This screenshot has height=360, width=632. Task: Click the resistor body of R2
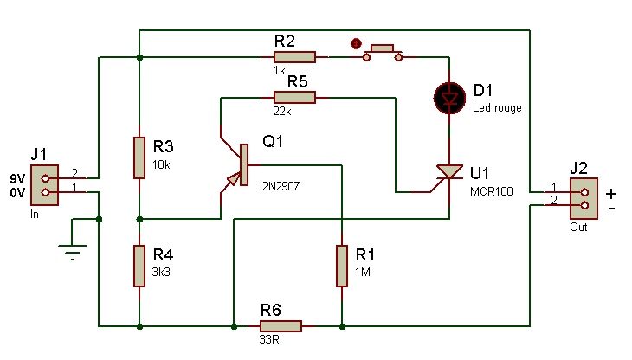click(x=294, y=57)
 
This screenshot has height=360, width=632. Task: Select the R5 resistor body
click(x=294, y=97)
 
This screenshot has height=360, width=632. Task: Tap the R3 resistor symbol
click(x=139, y=157)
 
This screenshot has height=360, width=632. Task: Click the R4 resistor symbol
click(x=139, y=266)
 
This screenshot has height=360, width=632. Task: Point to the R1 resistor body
click(x=342, y=266)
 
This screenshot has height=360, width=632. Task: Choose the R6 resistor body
click(x=281, y=325)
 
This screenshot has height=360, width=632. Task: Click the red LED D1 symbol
click(x=449, y=98)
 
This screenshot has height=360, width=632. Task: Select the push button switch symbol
click(x=383, y=53)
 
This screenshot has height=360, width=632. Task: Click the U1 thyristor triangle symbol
click(x=449, y=172)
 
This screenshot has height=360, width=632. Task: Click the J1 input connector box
click(x=45, y=185)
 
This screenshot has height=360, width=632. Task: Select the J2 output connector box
click(x=584, y=198)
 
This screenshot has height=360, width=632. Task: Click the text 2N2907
click(x=281, y=186)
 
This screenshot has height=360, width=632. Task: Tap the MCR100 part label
click(x=492, y=191)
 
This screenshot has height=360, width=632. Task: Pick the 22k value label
click(x=282, y=111)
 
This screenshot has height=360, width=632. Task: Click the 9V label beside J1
click(x=17, y=178)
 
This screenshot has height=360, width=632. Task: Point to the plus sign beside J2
click(x=611, y=194)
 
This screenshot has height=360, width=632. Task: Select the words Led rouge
click(x=497, y=108)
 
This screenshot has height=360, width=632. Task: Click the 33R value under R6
click(x=269, y=339)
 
